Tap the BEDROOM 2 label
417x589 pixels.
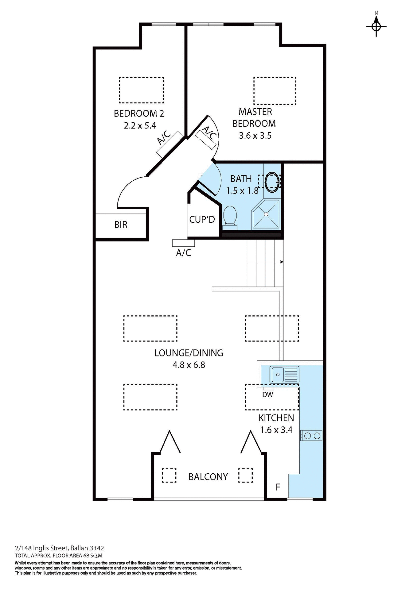(139, 114)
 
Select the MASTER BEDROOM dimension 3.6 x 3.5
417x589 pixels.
(255, 136)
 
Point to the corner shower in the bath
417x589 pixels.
(266, 214)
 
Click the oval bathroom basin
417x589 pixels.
(271, 182)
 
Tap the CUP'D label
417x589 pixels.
(202, 219)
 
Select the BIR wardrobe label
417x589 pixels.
(121, 225)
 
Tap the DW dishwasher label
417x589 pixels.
(267, 395)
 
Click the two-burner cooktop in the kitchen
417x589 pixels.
(312, 436)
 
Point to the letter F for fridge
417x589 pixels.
(278, 487)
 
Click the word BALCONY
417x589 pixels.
(208, 477)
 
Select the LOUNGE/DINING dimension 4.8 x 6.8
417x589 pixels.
(189, 365)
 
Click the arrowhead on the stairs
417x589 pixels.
(282, 262)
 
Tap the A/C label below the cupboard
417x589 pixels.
(184, 253)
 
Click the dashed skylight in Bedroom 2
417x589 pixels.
(141, 90)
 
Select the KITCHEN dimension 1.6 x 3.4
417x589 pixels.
(276, 430)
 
